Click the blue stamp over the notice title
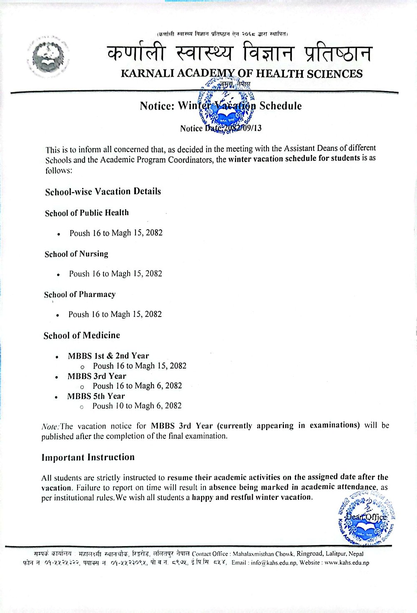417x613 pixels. click(227, 106)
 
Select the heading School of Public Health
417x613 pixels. click(87, 213)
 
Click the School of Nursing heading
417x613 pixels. click(76, 254)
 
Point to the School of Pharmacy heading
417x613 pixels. click(80, 294)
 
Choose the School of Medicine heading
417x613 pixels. click(82, 335)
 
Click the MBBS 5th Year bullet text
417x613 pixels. click(96, 396)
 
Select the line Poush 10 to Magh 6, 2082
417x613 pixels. click(137, 406)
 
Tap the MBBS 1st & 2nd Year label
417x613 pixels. click(108, 356)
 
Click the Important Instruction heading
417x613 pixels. click(88, 457)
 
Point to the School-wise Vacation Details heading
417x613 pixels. click(103, 192)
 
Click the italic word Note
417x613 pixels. click(50, 426)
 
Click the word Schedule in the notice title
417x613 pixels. click(280, 106)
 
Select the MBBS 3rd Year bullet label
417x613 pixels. click(97, 376)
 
